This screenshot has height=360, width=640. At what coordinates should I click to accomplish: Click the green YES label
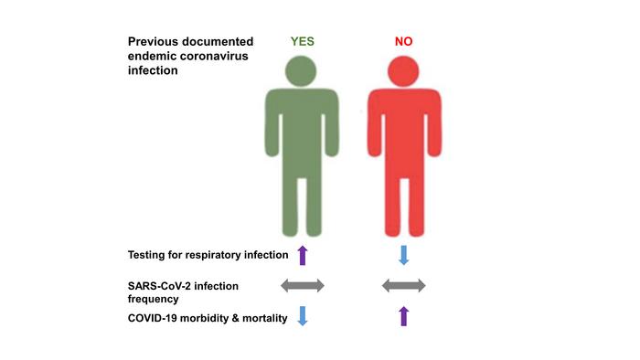click(303, 42)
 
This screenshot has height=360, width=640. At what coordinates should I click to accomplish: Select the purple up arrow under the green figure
click(303, 254)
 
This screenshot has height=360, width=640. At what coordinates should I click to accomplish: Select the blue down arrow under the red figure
click(403, 254)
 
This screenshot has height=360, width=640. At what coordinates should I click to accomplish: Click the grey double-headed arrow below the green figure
click(302, 286)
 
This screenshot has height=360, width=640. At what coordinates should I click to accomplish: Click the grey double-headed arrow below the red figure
click(403, 286)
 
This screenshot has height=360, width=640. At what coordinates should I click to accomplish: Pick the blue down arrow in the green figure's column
click(303, 316)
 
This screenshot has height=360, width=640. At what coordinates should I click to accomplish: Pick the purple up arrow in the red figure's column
click(403, 316)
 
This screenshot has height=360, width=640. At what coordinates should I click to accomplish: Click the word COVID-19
click(157, 317)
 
